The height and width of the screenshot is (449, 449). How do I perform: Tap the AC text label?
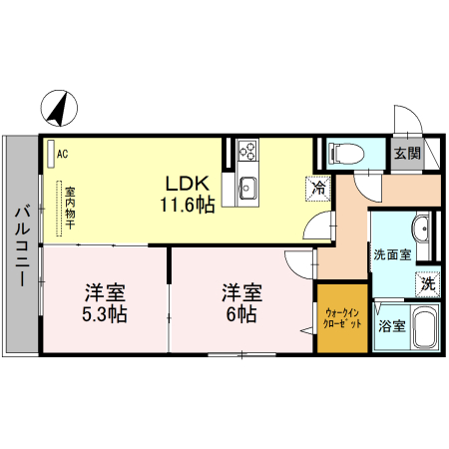[x=63, y=154]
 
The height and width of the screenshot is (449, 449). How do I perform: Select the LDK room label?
[x=188, y=184]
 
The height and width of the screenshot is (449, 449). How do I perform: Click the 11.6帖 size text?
[x=188, y=205]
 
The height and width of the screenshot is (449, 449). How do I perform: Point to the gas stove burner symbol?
[x=246, y=153]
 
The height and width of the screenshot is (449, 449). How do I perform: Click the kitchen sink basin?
[x=246, y=187]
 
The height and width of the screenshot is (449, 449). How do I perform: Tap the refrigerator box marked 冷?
[x=318, y=186]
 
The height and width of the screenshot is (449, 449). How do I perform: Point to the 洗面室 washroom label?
[x=391, y=253]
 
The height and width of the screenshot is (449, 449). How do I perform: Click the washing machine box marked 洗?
[x=427, y=282]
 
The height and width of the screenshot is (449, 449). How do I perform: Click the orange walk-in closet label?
[x=341, y=319]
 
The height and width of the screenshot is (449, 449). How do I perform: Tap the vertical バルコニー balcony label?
[x=21, y=243]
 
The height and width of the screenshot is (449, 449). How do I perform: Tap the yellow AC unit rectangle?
[x=50, y=154]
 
